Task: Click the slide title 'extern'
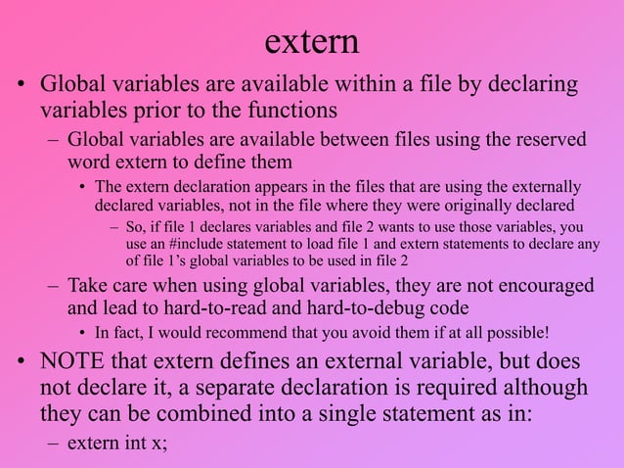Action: (312, 41)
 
